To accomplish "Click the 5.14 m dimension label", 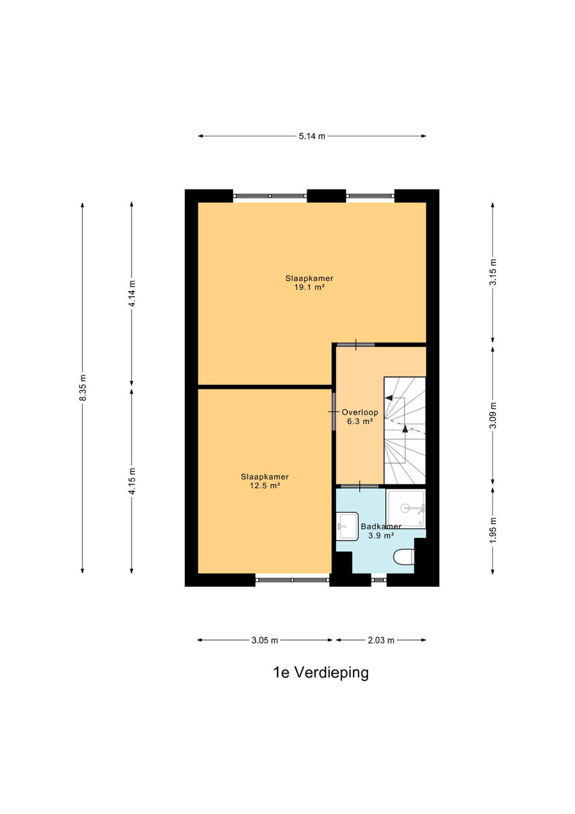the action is point(312,136).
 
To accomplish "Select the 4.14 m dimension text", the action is point(132,293).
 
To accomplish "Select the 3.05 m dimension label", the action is point(265,640).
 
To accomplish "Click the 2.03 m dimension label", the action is point(381,640).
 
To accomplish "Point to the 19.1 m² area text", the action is point(309,287).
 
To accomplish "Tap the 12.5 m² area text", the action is point(265,486).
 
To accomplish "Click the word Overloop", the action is point(360,413).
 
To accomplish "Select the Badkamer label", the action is point(381,526).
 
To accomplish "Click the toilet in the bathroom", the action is point(404,557).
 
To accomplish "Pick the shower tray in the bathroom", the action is point(406,509).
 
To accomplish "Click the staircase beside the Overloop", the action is point(405,430).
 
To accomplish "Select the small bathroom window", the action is point(378,580).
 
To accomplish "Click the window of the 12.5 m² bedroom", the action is point(293,580).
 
